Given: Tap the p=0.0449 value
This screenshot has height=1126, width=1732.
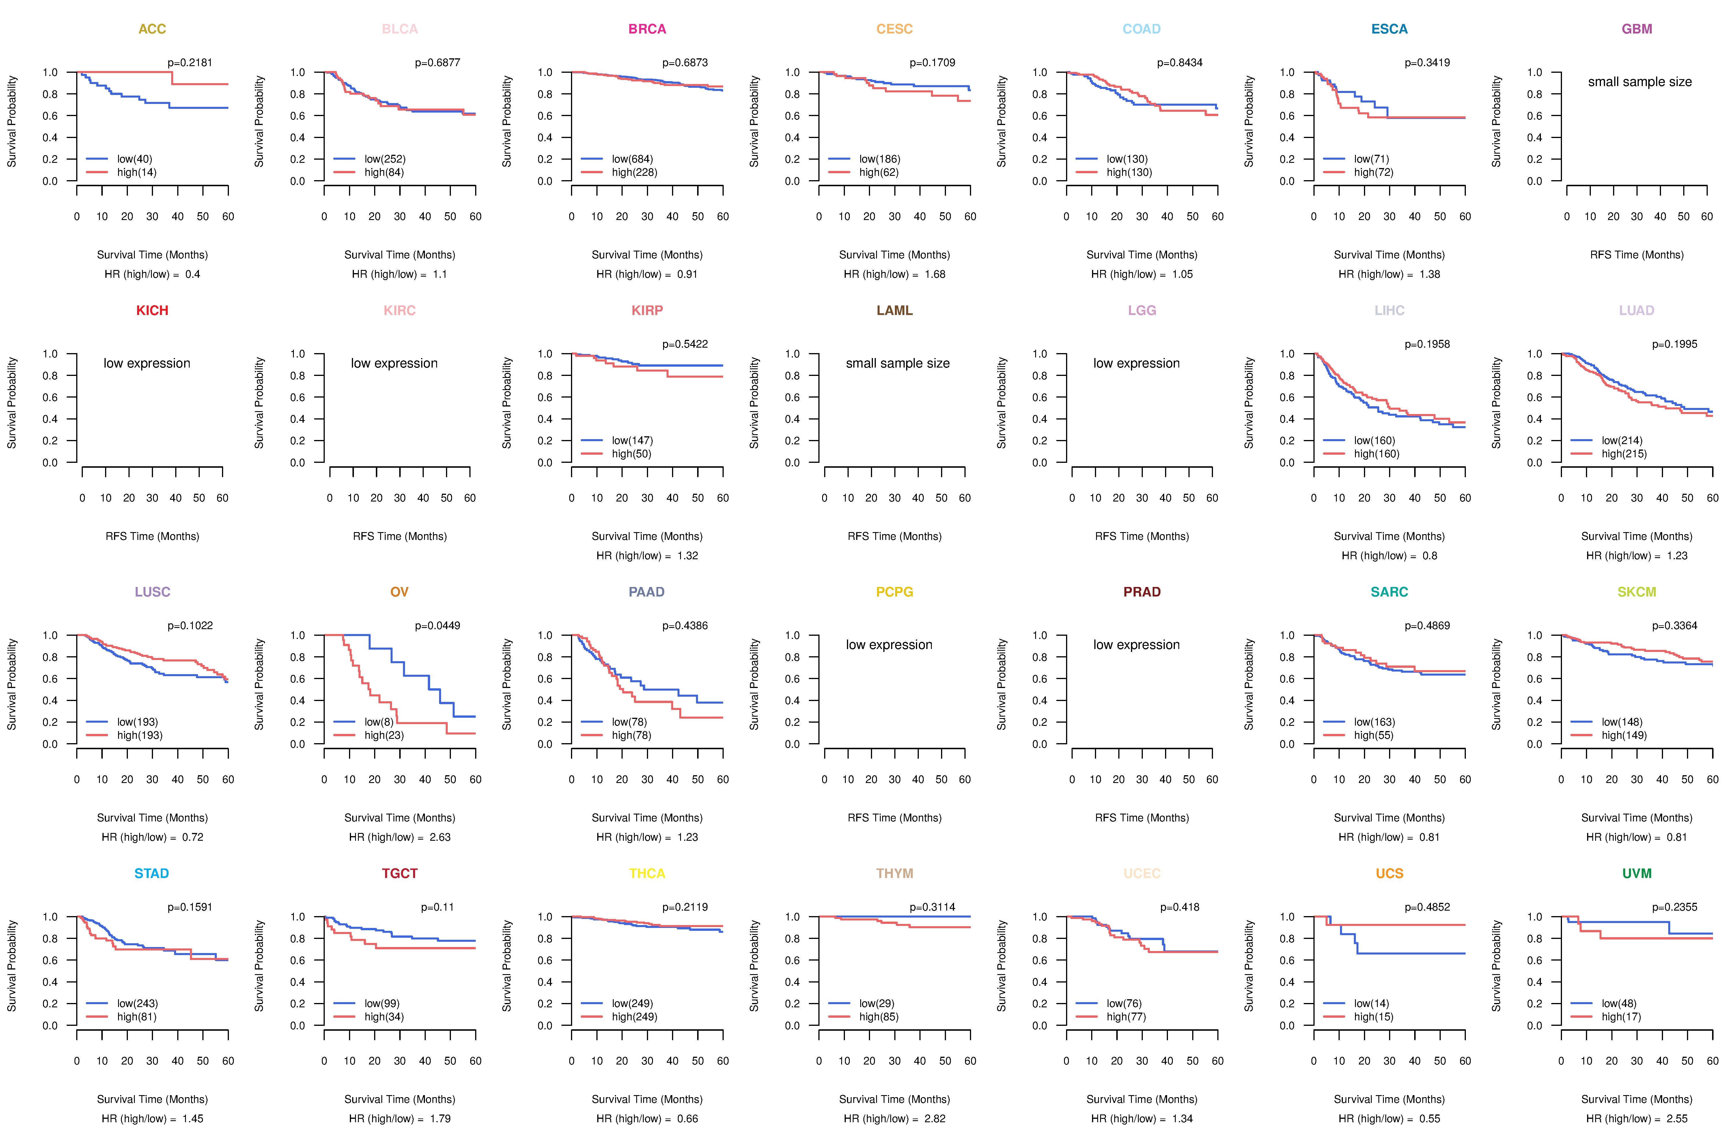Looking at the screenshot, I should [x=437, y=625].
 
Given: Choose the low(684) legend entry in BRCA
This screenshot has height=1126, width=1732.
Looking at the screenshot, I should [x=632, y=159].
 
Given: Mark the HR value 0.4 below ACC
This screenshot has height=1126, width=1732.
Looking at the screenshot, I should [x=192, y=274].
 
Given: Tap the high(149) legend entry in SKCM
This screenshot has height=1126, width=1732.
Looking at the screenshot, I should [x=1623, y=735].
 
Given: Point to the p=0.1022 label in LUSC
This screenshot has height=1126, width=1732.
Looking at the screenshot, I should [x=190, y=625].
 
